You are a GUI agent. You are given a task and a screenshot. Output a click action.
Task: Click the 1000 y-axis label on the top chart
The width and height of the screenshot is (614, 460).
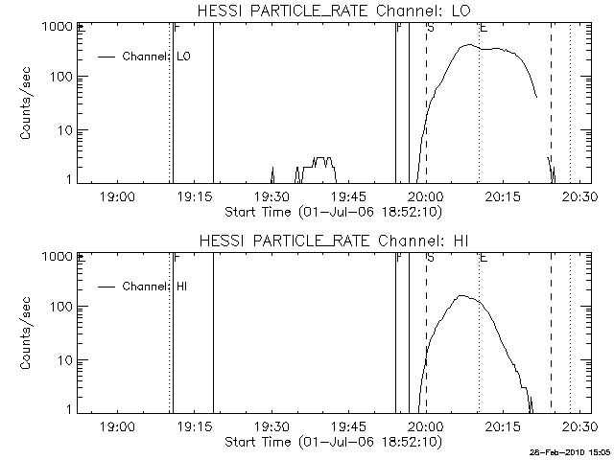tap(56, 26)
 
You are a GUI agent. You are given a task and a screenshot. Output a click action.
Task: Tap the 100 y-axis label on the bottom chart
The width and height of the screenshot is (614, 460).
tap(59, 307)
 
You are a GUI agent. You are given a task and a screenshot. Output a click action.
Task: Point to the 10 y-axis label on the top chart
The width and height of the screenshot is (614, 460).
tap(63, 130)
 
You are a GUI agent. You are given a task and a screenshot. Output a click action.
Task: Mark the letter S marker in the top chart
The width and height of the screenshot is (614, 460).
tap(431, 28)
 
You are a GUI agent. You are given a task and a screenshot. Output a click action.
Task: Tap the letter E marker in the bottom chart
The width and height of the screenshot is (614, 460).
tap(484, 258)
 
